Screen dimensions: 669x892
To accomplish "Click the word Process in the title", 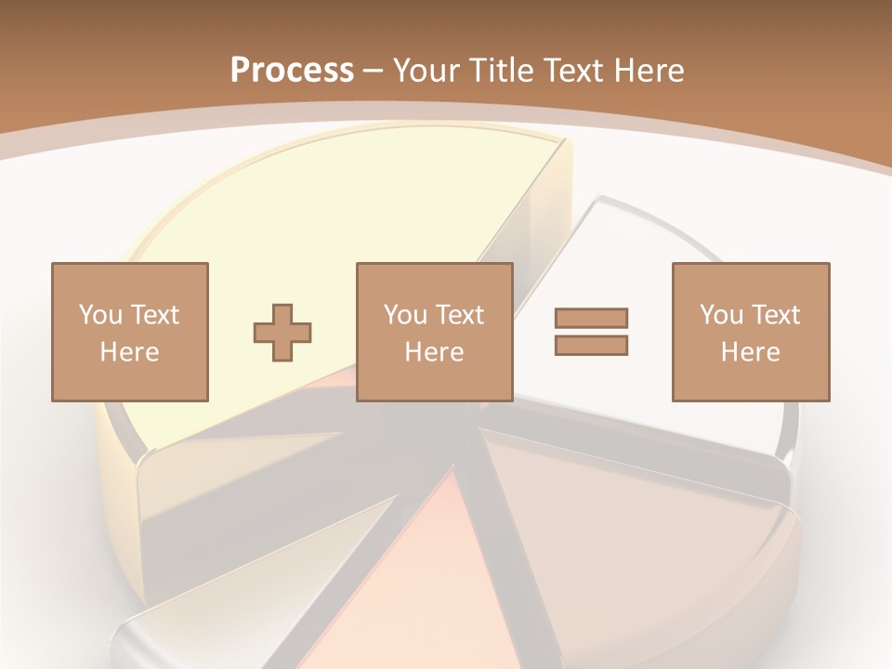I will click(x=292, y=71).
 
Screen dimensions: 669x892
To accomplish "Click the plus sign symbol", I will click(x=282, y=332).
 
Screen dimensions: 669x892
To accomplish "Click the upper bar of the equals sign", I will click(x=591, y=318).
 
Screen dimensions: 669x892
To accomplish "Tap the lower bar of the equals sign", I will click(x=591, y=345).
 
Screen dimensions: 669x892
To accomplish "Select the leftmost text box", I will click(x=129, y=332).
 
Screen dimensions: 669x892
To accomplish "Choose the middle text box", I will click(x=434, y=332).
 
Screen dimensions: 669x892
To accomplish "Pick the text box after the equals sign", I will click(x=750, y=332).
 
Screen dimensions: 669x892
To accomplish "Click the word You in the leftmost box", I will click(x=100, y=315).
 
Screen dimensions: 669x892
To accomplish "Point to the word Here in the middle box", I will click(x=434, y=352).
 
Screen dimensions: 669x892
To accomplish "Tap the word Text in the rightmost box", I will click(x=775, y=315).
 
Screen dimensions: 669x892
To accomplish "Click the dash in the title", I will click(x=373, y=71).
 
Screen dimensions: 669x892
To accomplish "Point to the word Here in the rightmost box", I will click(x=750, y=352).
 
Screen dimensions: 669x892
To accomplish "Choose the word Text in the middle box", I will click(x=459, y=315).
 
